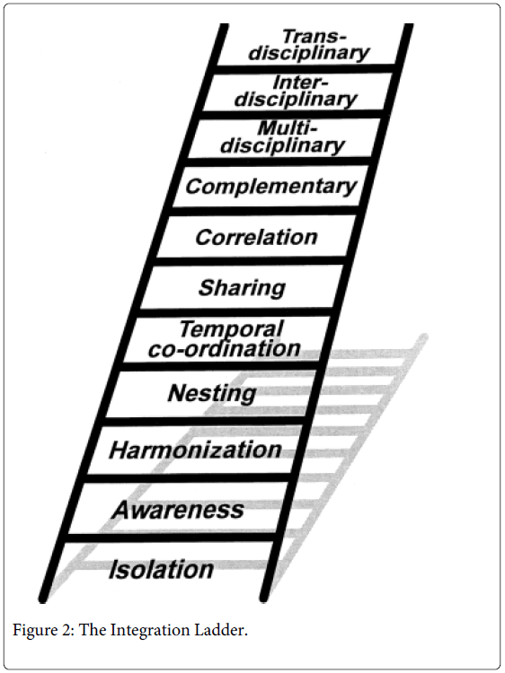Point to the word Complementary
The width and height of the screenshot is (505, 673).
click(x=270, y=187)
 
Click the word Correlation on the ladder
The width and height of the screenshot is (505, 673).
click(x=256, y=238)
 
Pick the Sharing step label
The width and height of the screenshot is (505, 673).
click(x=242, y=288)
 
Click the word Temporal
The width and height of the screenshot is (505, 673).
click(x=230, y=328)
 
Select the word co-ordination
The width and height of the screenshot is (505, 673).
click(x=224, y=349)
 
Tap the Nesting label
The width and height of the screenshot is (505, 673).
click(x=211, y=393)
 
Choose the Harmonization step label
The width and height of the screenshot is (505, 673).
click(x=195, y=449)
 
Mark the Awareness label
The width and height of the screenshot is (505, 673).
click(x=178, y=511)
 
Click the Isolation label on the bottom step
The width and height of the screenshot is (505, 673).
click(x=162, y=570)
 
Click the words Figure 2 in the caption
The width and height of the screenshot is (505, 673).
click(x=42, y=630)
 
